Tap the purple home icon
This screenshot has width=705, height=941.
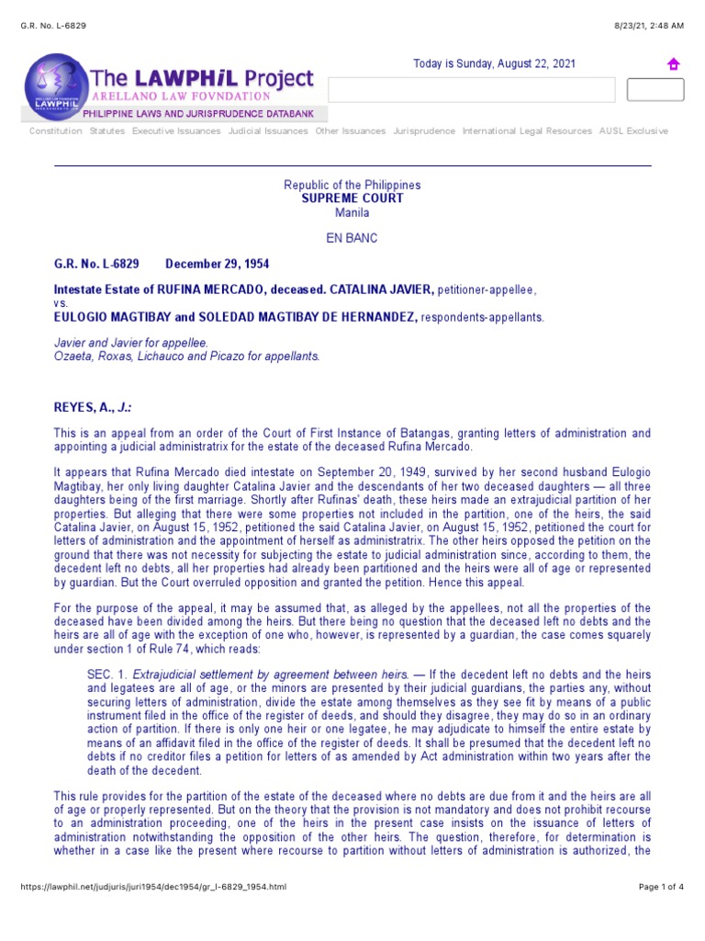click(x=673, y=64)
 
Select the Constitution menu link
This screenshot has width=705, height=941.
click(x=55, y=131)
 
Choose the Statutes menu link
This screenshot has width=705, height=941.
click(x=107, y=131)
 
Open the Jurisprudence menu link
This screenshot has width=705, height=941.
click(x=424, y=131)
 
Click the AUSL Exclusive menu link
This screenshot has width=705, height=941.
click(x=633, y=131)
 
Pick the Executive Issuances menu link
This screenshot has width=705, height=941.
click(x=176, y=131)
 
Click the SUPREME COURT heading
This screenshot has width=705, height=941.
click(x=352, y=198)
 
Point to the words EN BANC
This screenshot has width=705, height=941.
click(x=352, y=238)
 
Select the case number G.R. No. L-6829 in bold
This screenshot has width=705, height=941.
click(x=96, y=264)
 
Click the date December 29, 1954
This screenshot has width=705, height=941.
click(x=217, y=264)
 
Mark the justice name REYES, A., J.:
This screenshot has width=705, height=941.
click(x=98, y=407)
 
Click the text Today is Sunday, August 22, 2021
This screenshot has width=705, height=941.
click(x=494, y=63)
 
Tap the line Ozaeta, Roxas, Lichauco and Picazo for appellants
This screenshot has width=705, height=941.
click(x=188, y=357)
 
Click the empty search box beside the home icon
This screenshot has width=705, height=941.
click(x=471, y=90)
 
